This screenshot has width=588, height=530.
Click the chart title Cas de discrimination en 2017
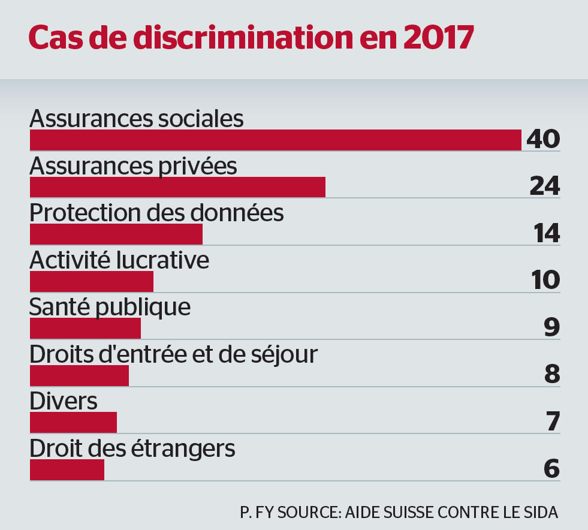[x=251, y=37]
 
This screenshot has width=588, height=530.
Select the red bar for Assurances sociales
[x=275, y=140]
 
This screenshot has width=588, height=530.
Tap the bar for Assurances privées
[x=177, y=187]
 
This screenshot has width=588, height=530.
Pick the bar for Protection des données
[x=116, y=234]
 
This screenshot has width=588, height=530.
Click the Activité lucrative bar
[x=91, y=281]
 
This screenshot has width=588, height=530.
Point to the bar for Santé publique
[x=85, y=328]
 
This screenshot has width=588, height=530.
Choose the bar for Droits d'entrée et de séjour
[x=79, y=375]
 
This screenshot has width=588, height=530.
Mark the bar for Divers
[x=73, y=422]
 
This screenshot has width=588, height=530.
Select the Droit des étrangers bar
[x=67, y=469]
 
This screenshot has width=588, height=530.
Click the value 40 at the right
[x=543, y=139]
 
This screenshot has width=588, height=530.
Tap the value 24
[x=545, y=186]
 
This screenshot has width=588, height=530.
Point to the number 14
[x=547, y=233]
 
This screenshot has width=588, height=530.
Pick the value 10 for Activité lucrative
[x=545, y=280]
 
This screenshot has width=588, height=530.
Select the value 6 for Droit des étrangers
[x=552, y=468]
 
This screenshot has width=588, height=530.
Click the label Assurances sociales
[x=137, y=118]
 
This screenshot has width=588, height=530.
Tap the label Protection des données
[x=156, y=213]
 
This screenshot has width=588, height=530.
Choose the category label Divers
[x=64, y=401]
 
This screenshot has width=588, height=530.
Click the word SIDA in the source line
[x=542, y=513]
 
